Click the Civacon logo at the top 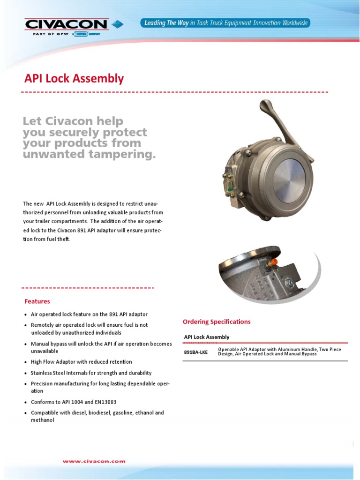pyautogui.click(x=67, y=24)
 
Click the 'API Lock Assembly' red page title pyautogui.click(x=74, y=78)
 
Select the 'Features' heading pyautogui.click(x=37, y=301)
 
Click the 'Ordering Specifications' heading pyautogui.click(x=217, y=322)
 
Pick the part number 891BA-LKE pyautogui.click(x=195, y=352)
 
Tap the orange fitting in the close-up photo pyautogui.click(x=274, y=259)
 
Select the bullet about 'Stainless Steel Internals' pyautogui.click(x=91, y=373)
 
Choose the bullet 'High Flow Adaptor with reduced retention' pyautogui.click(x=81, y=362)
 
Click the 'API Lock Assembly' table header pyautogui.click(x=207, y=337)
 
